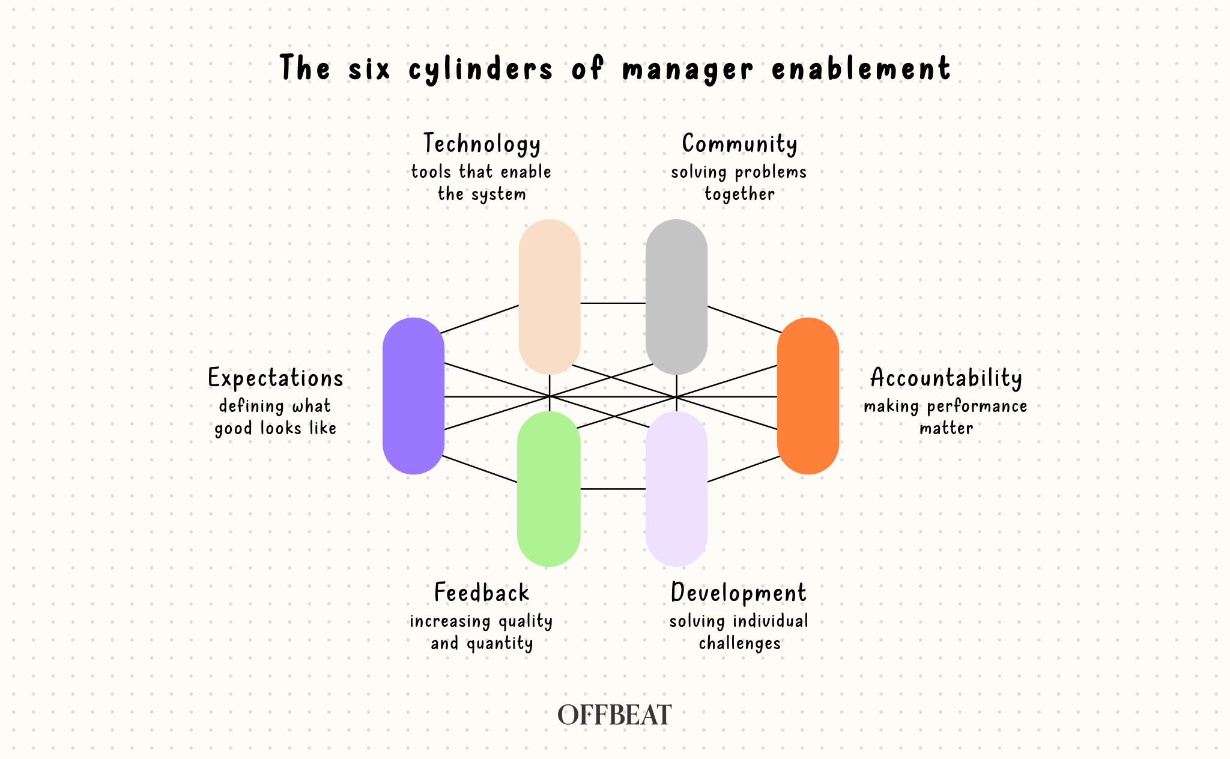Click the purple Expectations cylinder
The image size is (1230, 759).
[413, 396]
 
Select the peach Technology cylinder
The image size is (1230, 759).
[549, 297]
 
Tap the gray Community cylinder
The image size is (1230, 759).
[676, 297]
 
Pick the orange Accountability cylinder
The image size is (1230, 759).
[808, 396]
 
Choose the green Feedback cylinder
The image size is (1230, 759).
[549, 489]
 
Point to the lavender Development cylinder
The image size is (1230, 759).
[676, 489]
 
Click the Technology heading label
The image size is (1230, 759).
[482, 144]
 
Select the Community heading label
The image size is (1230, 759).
[739, 144]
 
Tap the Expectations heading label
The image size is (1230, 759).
[276, 378]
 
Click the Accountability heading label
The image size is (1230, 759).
[946, 378]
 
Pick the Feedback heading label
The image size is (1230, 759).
[482, 593]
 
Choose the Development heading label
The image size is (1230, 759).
[739, 593]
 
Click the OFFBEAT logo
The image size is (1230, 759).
[614, 715]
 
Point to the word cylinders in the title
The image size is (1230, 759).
[480, 68]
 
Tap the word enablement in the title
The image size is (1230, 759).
[861, 68]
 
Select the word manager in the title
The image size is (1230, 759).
[688, 68]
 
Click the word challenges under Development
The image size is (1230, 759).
[739, 644]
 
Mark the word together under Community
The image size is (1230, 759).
[739, 194]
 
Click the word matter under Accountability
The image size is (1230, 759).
[946, 428]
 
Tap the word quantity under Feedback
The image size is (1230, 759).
[500, 644]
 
